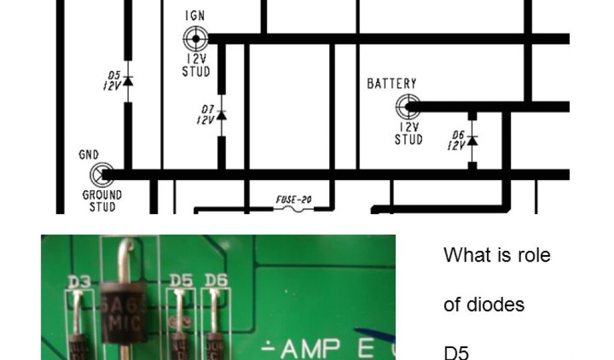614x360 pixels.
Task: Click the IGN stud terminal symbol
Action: (x=195, y=40)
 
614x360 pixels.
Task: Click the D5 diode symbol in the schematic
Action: (x=127, y=81)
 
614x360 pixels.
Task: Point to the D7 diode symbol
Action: (x=221, y=115)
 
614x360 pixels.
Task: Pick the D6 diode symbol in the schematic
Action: (x=472, y=140)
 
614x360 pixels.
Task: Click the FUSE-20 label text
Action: (x=293, y=199)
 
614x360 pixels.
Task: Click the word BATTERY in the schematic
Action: (x=392, y=83)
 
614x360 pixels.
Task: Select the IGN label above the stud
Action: (x=194, y=16)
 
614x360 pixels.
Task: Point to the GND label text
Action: (x=89, y=155)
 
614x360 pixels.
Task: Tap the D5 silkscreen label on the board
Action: (x=180, y=280)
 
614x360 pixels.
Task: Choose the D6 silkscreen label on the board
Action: (x=215, y=280)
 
